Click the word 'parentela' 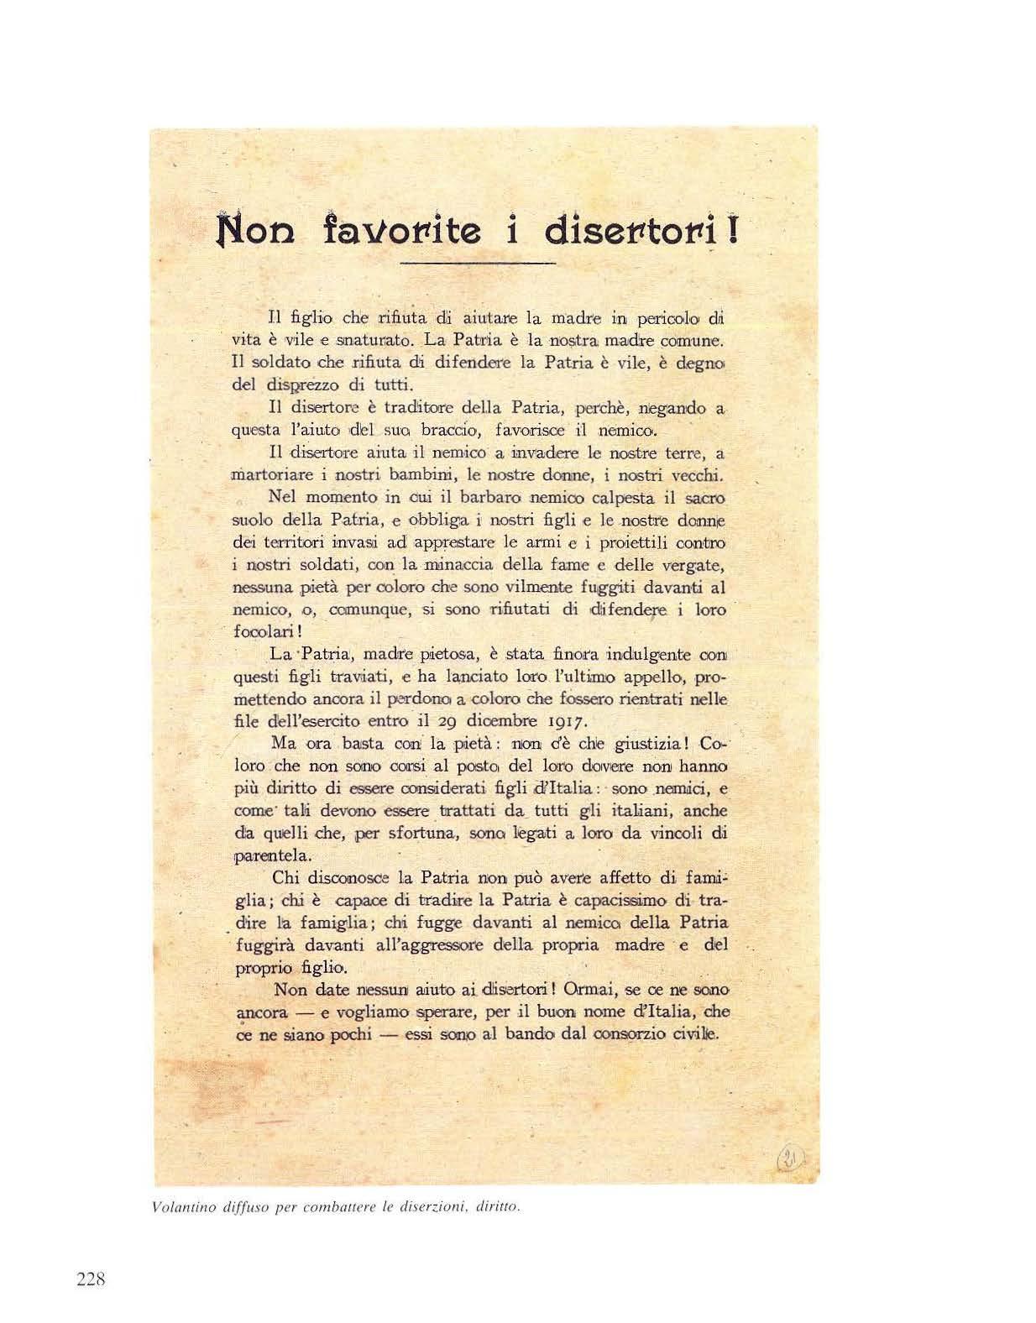(260, 856)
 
